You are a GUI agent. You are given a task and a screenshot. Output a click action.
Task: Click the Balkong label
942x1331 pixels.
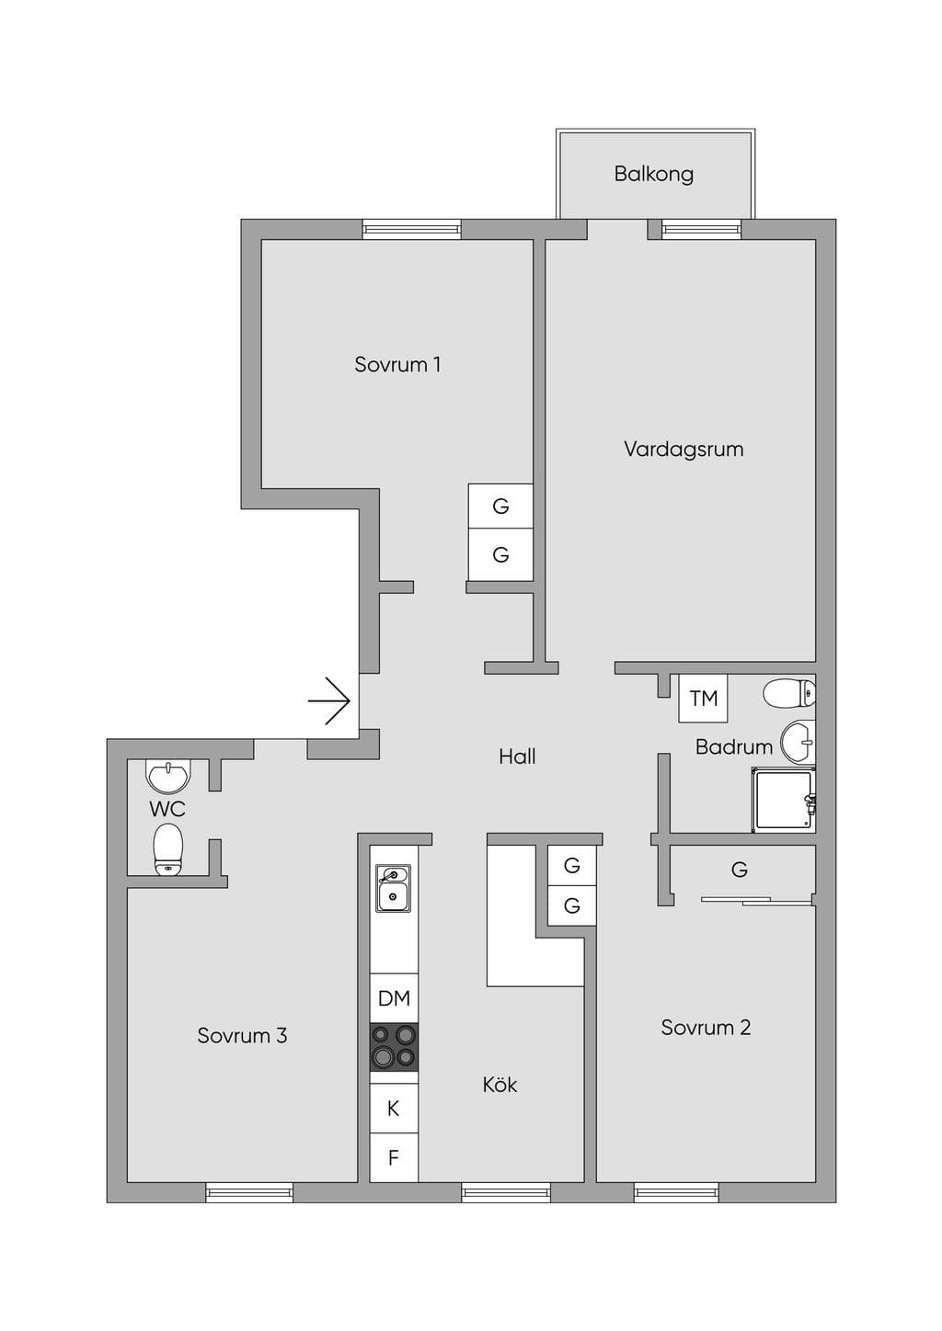point(653,174)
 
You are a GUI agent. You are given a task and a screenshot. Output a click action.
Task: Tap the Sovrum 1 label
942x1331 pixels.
point(397,364)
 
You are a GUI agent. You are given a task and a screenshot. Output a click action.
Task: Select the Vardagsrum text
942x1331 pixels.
point(684,449)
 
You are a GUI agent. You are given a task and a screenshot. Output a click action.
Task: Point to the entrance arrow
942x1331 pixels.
point(328,701)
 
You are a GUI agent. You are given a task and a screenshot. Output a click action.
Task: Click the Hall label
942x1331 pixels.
point(517,757)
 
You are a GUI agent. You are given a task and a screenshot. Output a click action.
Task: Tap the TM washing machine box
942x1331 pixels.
point(703,698)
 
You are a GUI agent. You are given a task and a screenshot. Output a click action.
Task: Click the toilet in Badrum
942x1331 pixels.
point(788,693)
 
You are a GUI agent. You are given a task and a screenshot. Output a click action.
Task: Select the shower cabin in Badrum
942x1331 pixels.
point(783,800)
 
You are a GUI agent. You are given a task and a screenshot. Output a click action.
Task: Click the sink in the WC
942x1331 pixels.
point(169,776)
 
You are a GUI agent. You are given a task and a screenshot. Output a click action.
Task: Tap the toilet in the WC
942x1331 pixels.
point(168,849)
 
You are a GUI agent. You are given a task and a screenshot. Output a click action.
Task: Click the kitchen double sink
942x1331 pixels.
point(393,888)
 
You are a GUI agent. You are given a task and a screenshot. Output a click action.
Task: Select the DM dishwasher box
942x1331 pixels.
point(394,997)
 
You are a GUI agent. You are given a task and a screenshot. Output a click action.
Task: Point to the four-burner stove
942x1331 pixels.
point(394,1047)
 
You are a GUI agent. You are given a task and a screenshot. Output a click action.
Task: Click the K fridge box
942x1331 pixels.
point(394,1108)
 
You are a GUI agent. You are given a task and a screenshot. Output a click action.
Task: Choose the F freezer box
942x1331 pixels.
point(394,1157)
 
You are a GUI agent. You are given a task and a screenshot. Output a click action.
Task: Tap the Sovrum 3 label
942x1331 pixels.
point(242,1036)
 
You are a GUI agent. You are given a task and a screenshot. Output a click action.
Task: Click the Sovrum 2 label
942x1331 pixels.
point(706,1028)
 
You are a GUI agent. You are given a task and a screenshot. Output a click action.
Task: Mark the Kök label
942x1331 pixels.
point(500,1085)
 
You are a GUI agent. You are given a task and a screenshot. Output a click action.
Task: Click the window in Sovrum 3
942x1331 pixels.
point(249,1192)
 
